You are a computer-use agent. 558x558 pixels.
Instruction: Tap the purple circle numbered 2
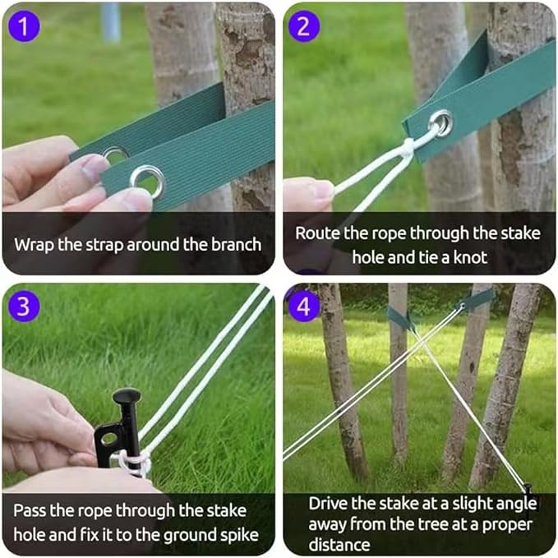point(305,26)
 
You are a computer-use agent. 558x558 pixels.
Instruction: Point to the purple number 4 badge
point(305,307)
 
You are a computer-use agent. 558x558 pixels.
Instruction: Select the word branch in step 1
point(235,244)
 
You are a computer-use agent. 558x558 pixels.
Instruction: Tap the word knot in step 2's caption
point(469,256)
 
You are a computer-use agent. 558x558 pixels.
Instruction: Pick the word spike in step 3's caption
point(238,535)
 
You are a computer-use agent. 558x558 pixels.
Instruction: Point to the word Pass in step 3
point(30,511)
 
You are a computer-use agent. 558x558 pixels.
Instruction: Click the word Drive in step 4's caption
point(328,503)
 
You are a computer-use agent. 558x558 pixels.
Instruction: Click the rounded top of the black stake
point(127,397)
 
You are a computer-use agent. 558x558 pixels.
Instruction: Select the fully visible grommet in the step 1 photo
point(147,179)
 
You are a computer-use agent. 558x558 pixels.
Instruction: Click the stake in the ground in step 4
point(526,488)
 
